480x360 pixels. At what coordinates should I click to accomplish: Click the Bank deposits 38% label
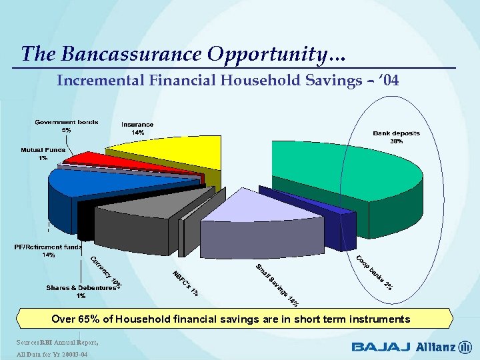pyautogui.click(x=396, y=137)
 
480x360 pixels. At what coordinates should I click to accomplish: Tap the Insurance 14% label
pyautogui.click(x=137, y=129)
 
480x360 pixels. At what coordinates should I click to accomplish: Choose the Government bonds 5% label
pyautogui.click(x=67, y=126)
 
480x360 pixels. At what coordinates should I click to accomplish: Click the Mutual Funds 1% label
pyautogui.click(x=43, y=154)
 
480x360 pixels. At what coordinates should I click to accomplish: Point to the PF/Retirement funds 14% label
pyautogui.click(x=48, y=251)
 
